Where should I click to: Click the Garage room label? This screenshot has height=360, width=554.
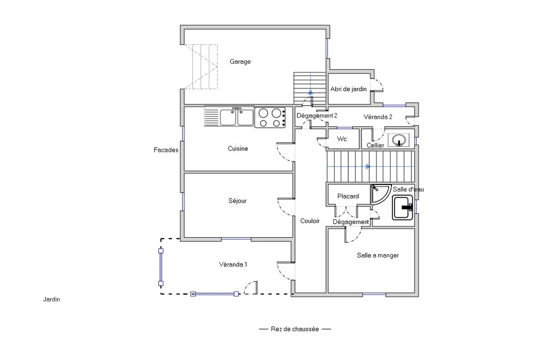tap(240, 61)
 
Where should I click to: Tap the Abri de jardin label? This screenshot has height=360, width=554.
tap(349, 89)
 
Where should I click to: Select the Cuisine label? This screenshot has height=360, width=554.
tap(238, 149)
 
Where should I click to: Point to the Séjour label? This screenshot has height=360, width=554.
tap(237, 201)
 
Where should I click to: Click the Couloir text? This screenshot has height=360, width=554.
tap(310, 221)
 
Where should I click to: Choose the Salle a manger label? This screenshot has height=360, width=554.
tap(378, 255)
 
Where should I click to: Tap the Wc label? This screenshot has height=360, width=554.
tap(342, 139)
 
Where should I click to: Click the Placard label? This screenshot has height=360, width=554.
tap(348, 196)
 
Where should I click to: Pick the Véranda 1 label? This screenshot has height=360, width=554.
tap(233, 264)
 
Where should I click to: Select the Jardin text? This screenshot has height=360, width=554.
tap(51, 300)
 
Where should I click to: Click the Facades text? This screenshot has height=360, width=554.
tap(166, 150)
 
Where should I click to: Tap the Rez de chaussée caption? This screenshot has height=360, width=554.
tap(295, 329)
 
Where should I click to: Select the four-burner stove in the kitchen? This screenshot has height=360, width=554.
tap(270, 117)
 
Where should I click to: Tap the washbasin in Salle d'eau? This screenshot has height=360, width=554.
tap(403, 207)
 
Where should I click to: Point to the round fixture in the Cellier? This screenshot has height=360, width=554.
tap(398, 140)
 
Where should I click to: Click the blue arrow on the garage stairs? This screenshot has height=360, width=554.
tap(310, 92)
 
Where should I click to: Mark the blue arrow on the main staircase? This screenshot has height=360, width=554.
tap(368, 167)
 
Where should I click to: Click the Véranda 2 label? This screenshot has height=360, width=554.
tap(378, 117)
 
